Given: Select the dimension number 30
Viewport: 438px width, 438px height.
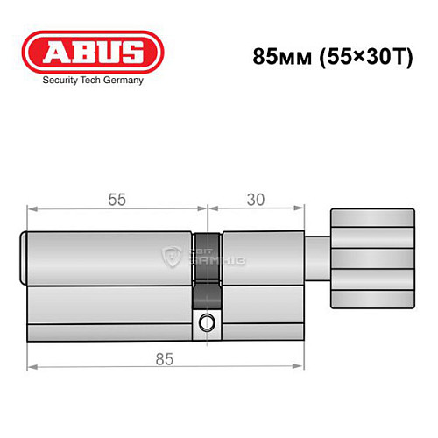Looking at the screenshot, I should click(x=255, y=199).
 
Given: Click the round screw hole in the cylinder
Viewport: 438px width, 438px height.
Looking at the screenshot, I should click(x=207, y=321).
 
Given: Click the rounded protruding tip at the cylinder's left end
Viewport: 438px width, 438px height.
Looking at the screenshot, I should click(x=25, y=259).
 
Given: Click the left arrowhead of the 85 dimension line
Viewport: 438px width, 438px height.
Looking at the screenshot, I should click(x=32, y=367).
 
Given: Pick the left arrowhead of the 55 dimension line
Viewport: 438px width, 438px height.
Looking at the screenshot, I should click(x=32, y=208).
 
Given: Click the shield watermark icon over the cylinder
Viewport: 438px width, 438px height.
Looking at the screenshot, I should click(x=172, y=256).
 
